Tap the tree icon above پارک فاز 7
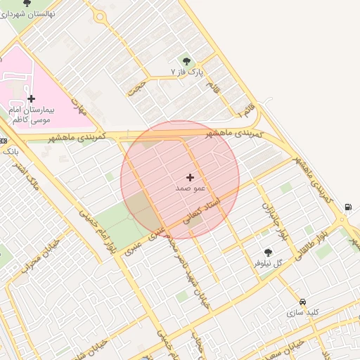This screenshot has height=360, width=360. point(186,60)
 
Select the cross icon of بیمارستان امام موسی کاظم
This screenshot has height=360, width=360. point(31,98)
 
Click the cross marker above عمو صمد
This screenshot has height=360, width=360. point(190,178)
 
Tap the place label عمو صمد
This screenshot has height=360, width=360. point(189,189)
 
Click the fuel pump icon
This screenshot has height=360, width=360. point(348,207)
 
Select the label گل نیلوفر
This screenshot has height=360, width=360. point(268,263)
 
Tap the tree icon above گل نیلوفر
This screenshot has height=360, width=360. point(268,252)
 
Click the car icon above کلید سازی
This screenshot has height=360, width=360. point(303,300)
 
